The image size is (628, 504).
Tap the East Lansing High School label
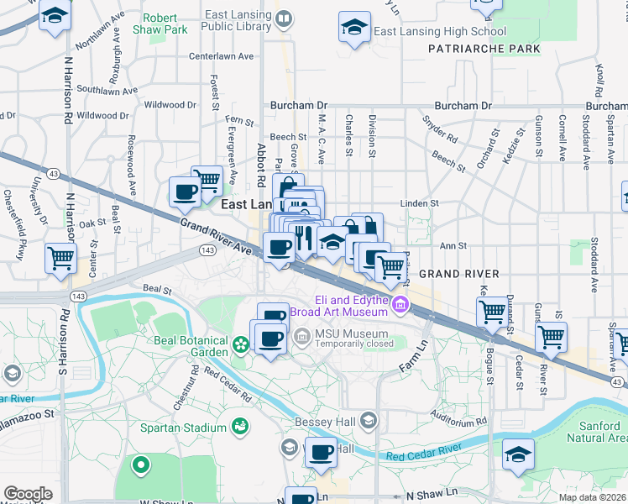[x=430, y=32]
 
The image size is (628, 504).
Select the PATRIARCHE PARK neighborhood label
[x=484, y=49]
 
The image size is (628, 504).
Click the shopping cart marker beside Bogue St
[x=492, y=312]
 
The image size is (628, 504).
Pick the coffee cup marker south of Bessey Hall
[x=320, y=452]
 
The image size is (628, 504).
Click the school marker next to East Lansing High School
[x=354, y=27]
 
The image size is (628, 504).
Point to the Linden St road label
[x=420, y=203]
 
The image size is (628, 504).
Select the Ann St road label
[x=453, y=246]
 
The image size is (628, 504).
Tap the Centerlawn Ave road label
[x=221, y=56]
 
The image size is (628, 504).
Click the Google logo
[x=28, y=494]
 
